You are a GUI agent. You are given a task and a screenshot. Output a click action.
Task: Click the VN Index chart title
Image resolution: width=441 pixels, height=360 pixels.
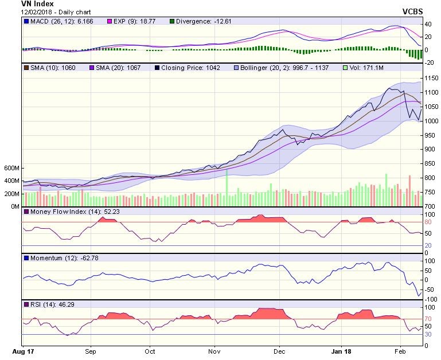[37, 3]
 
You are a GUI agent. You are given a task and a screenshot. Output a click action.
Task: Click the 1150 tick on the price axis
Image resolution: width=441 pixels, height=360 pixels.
[431, 78]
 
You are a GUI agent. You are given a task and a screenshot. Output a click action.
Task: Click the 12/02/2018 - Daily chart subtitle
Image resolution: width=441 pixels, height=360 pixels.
[53, 11]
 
